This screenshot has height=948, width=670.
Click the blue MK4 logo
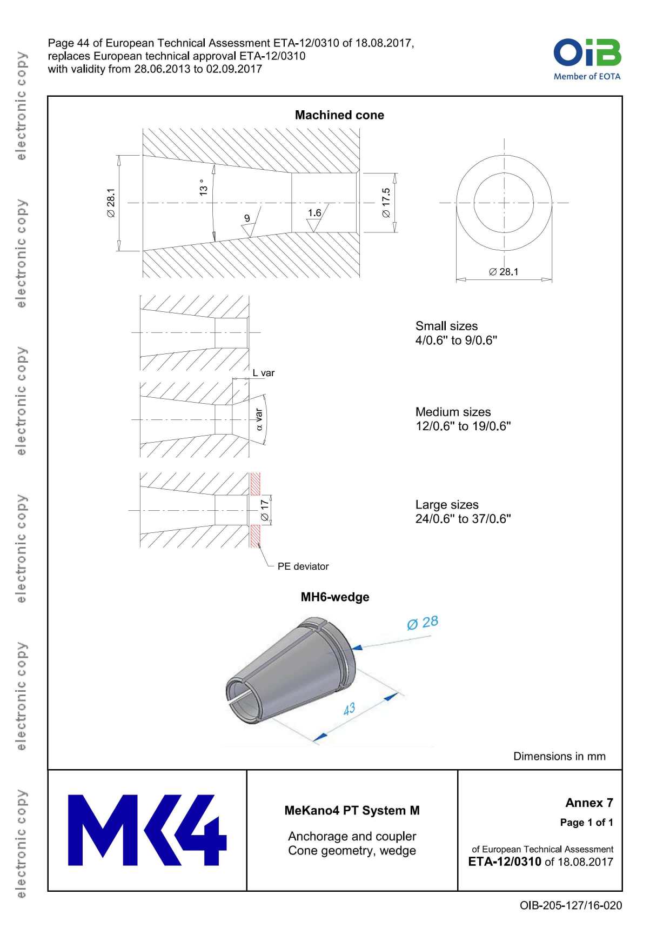click(x=147, y=830)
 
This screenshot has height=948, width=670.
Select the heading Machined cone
click(x=339, y=115)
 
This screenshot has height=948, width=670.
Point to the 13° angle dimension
click(x=203, y=188)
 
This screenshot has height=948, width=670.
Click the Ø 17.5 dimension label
click(x=386, y=203)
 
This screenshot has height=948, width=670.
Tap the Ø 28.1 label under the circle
click(x=504, y=272)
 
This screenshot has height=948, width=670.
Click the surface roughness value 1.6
click(x=314, y=213)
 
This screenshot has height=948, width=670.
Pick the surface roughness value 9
click(x=247, y=218)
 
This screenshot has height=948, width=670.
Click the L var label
click(x=264, y=373)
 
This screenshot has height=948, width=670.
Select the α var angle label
click(x=259, y=419)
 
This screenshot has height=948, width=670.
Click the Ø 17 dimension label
click(x=264, y=510)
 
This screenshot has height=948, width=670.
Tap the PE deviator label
click(x=303, y=566)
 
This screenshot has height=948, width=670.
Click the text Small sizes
click(x=446, y=326)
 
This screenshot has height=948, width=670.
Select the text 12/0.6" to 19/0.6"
click(x=463, y=426)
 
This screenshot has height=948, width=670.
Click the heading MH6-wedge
click(x=335, y=597)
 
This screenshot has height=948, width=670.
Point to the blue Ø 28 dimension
click(x=423, y=623)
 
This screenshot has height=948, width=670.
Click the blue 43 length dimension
click(x=349, y=709)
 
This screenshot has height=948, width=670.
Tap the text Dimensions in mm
click(x=559, y=756)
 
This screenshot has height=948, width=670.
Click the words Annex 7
click(x=589, y=803)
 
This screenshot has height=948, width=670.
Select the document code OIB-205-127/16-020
click(x=571, y=905)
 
